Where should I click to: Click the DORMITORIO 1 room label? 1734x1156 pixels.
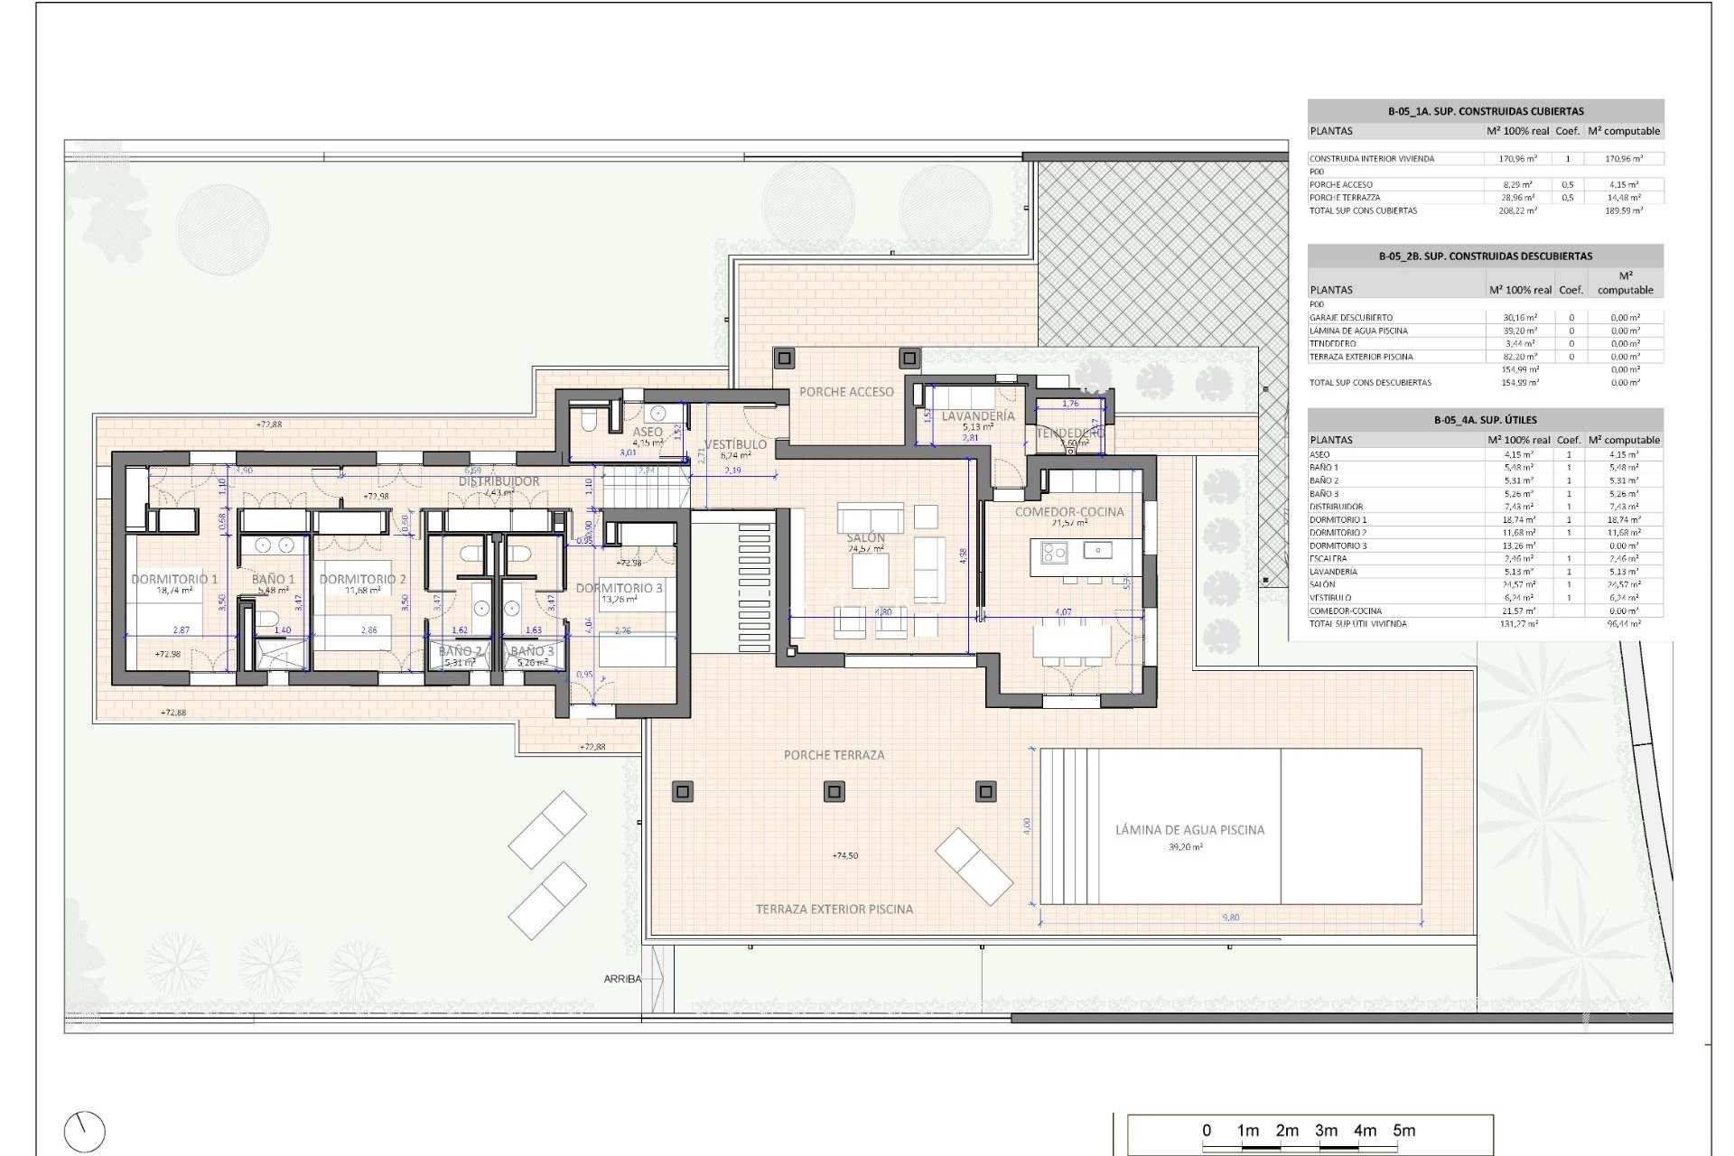pos(174,579)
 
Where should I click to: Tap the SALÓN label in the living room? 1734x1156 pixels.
pos(865,537)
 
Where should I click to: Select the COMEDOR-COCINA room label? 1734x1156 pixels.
pos(1069,511)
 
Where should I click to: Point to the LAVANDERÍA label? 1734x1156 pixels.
pos(978,416)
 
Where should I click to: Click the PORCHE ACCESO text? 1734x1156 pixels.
pos(846,392)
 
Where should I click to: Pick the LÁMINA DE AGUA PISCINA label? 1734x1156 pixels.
pos(1189,830)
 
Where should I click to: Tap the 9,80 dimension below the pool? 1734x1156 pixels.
pos(1230,918)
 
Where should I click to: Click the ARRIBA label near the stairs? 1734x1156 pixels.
pos(622,979)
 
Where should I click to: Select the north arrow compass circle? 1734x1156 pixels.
pos(85,1132)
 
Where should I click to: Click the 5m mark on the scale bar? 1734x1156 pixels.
pos(1403,1131)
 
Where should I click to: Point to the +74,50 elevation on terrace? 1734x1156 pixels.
pos(844,855)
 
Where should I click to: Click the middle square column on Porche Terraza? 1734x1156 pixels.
pos(834,792)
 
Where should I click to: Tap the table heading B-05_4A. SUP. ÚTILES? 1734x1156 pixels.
pos(1485,420)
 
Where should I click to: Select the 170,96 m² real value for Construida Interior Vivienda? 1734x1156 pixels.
pos(1517,159)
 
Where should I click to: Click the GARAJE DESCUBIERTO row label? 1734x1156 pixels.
pos(1351,318)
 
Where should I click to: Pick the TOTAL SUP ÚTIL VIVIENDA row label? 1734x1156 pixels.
pos(1357,624)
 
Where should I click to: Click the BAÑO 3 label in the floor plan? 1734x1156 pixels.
pos(532,651)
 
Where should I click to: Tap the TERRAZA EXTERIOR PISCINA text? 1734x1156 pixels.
pos(834,909)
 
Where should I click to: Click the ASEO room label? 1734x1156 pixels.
pos(647,433)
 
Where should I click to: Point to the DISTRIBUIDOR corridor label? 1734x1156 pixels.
pos(499,481)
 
